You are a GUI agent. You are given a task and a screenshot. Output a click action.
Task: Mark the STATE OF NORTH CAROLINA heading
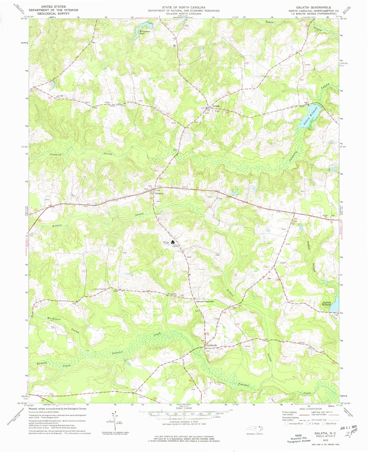pos(184,8)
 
